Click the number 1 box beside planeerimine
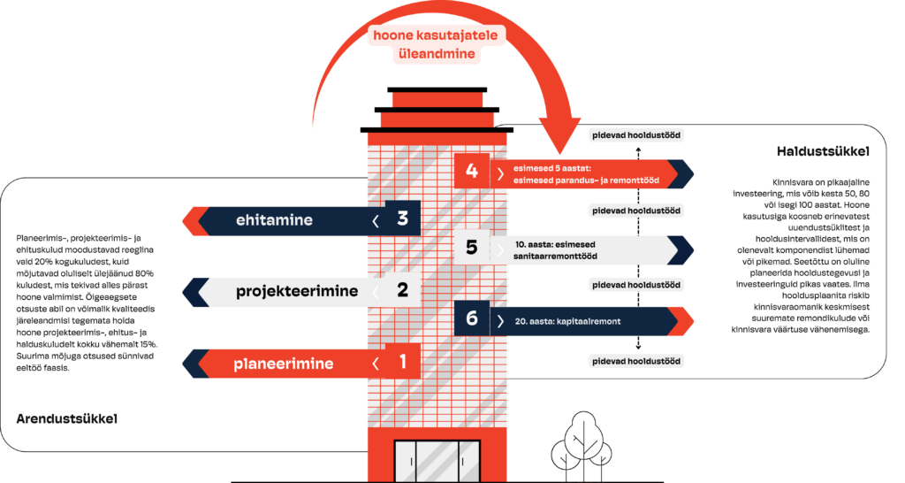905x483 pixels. (x=403, y=361)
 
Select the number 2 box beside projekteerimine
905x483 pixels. (x=403, y=289)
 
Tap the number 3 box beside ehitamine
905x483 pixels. (x=403, y=218)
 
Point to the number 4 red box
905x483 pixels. (x=472, y=171)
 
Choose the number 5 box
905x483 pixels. (x=472, y=248)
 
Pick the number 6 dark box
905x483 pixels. (x=472, y=318)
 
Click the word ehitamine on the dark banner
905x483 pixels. (x=274, y=220)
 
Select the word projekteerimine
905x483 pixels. (x=297, y=291)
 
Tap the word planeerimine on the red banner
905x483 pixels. (x=284, y=364)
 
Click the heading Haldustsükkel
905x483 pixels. (x=823, y=152)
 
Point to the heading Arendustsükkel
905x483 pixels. (x=67, y=419)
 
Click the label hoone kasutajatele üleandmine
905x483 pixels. (x=436, y=44)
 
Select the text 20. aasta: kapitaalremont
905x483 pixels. (x=567, y=321)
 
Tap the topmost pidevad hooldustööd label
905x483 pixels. (x=636, y=135)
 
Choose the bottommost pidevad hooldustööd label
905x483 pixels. (x=636, y=361)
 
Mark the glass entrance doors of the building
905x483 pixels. (x=437, y=461)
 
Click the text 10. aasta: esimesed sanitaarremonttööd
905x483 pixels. (x=555, y=250)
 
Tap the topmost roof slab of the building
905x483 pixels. (x=437, y=90)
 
